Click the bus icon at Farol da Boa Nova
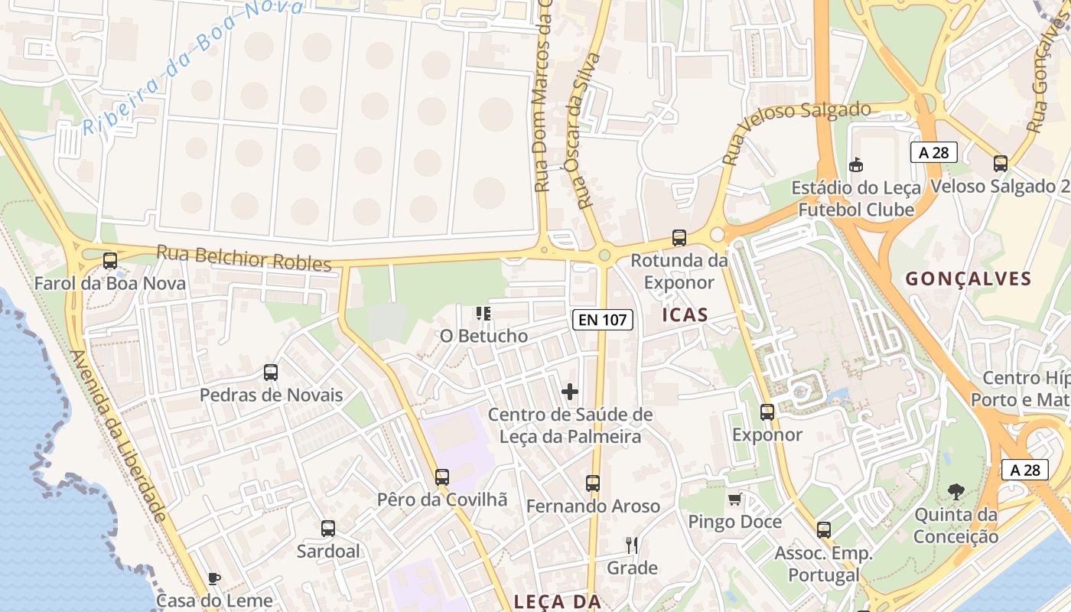[x=110, y=261]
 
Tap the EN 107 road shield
[x=603, y=320]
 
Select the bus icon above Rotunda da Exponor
[x=679, y=238]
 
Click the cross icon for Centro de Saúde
[x=570, y=392]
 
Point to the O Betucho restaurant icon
[x=483, y=313]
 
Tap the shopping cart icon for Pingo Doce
[x=735, y=500]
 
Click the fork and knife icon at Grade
[x=632, y=545]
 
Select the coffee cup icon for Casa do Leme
[x=213, y=578]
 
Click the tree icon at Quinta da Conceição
[x=955, y=492]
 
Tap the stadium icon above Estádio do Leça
[x=856, y=164]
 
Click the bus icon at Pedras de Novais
[x=271, y=373]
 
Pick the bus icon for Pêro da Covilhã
[x=442, y=477]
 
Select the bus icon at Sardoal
[x=328, y=529]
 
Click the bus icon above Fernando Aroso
[x=593, y=483]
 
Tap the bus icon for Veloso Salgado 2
[x=1001, y=163]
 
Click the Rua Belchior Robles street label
[x=244, y=258]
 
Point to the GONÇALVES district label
[x=968, y=279]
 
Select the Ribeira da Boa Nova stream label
[x=191, y=69]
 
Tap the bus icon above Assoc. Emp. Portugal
[x=824, y=529]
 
